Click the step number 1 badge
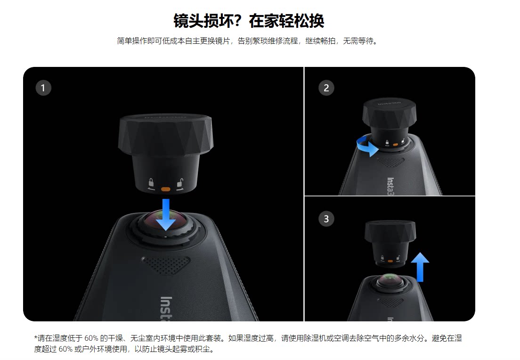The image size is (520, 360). pyautogui.click(x=43, y=88)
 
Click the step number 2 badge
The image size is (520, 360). pyautogui.click(x=326, y=88)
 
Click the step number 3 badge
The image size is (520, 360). pyautogui.click(x=326, y=219)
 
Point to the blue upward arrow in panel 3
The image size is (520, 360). pyautogui.click(x=420, y=267)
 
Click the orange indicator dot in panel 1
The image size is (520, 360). pyautogui.click(x=165, y=189)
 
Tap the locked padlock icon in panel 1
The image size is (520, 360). pyautogui.click(x=151, y=183)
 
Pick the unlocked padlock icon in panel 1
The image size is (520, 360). pyautogui.click(x=180, y=184)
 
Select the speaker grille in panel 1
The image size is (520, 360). pyautogui.click(x=166, y=264)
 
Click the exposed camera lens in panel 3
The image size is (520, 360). pyautogui.click(x=390, y=281)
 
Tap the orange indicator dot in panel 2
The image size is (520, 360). pyautogui.click(x=395, y=145)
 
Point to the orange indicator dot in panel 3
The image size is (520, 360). pyautogui.click(x=390, y=261)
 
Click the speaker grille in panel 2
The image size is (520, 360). pyautogui.click(x=390, y=162)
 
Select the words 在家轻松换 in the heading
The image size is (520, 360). pyautogui.click(x=286, y=21)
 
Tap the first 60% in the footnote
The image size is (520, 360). pyautogui.click(x=91, y=338)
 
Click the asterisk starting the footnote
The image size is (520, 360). pyautogui.click(x=36, y=337)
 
